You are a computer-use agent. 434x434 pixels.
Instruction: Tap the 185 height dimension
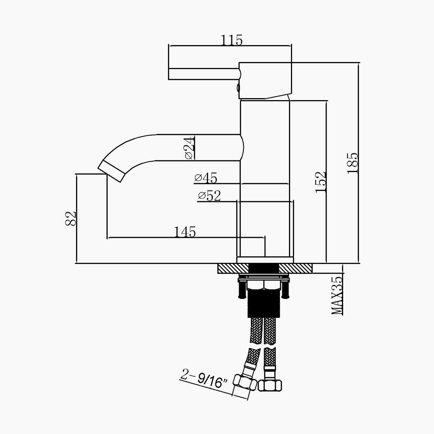pos(353,163)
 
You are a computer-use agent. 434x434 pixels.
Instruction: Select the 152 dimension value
pos(321,182)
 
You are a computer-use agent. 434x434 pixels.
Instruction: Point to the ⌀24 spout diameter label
pos(190,148)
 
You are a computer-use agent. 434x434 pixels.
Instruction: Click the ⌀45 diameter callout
pos(206,178)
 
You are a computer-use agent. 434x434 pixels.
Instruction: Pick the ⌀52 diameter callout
pos(209,196)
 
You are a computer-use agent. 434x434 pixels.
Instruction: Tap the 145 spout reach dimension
pos(185,232)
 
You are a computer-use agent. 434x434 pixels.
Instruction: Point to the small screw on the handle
pos(238,88)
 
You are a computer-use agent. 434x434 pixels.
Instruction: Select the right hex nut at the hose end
pos(270,385)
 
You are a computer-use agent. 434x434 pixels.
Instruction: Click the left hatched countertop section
pos(233,268)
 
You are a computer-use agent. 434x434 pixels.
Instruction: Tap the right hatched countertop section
pos(296,268)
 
